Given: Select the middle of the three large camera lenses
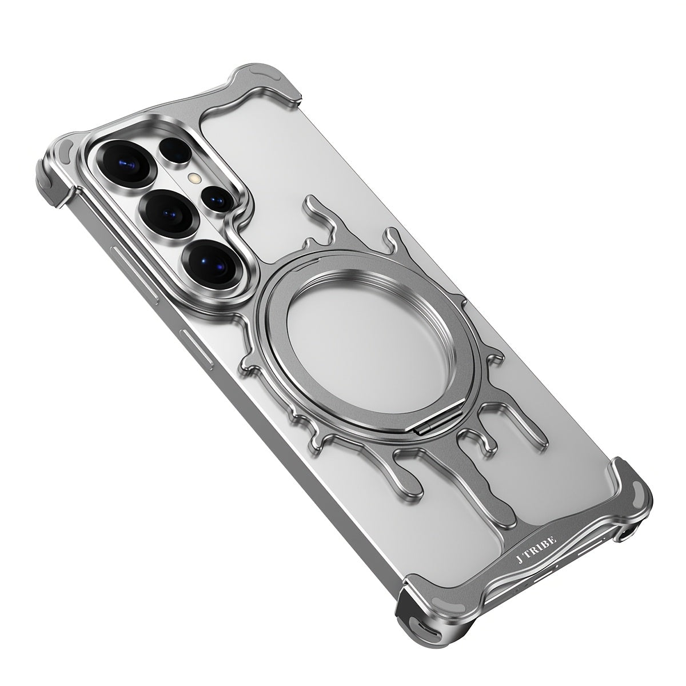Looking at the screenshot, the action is (168, 212).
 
